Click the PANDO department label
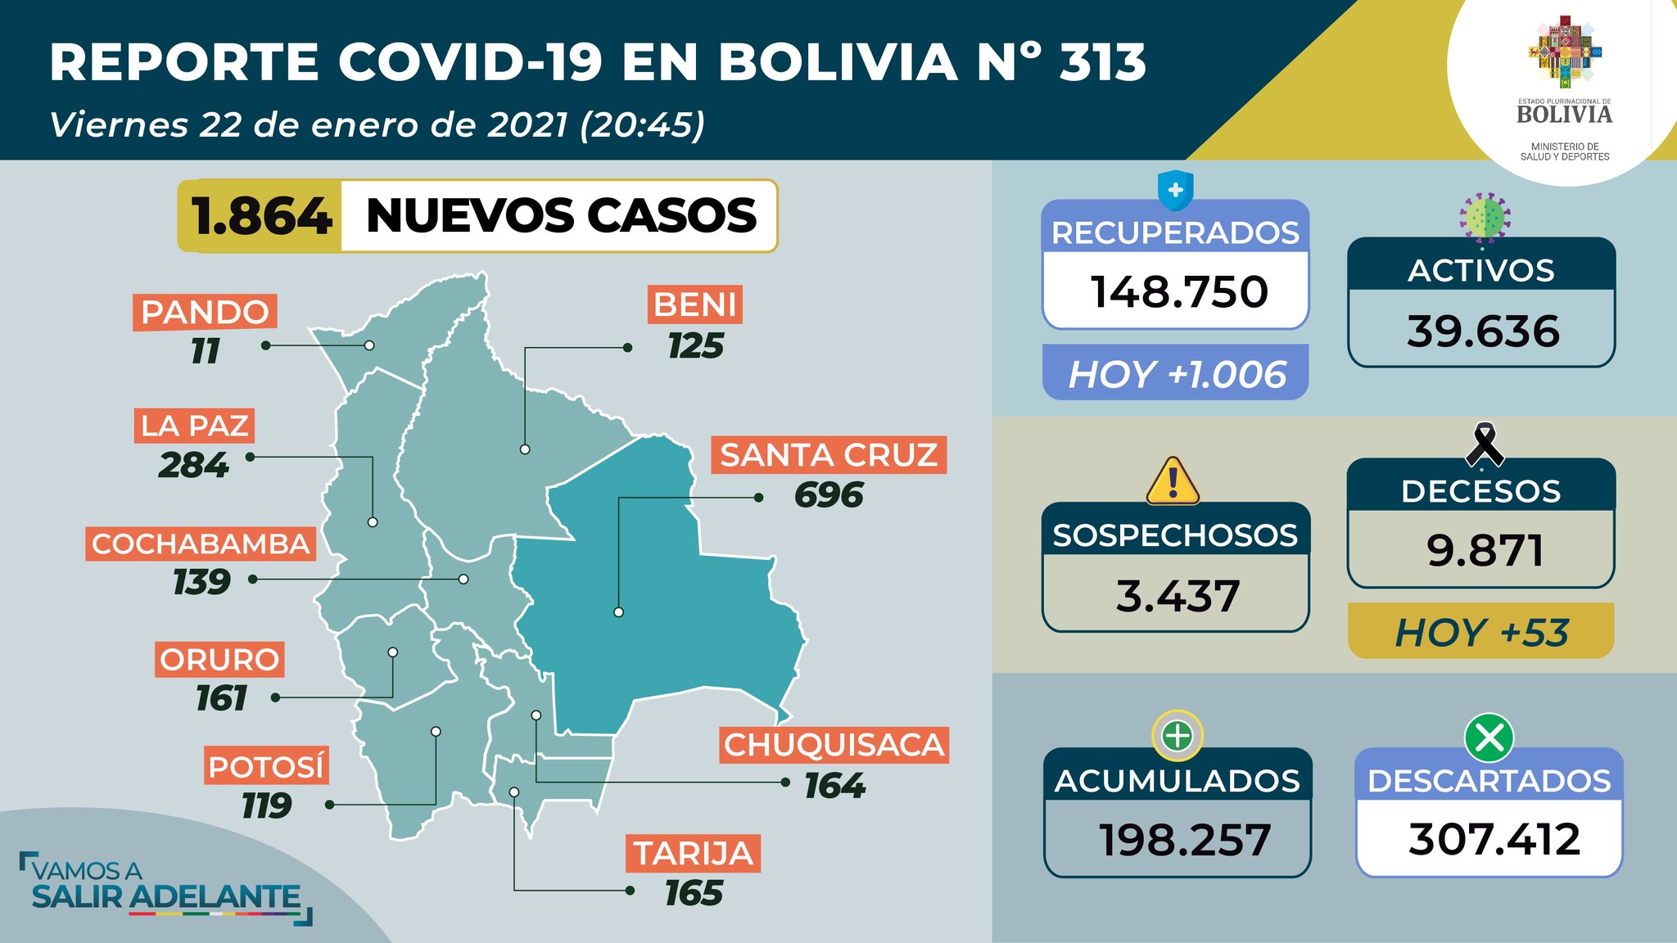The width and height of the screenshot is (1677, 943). coord(205,312)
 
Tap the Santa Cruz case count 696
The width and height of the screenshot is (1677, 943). coord(829,495)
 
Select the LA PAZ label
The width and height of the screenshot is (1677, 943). coord(194,426)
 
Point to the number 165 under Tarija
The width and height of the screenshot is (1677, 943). coord(694,893)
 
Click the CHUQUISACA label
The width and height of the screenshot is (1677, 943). coord(834,745)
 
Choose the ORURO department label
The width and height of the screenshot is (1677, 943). coord(219,659)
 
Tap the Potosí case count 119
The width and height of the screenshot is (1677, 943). coord(266,806)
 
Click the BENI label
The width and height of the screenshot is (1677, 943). coord(695,305)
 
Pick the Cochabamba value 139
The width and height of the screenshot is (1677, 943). coord(201,582)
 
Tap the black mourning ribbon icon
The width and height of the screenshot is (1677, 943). coord(1483,444)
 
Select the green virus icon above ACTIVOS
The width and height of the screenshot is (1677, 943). coord(1485,218)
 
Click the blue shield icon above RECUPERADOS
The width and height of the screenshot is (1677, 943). coord(1175,192)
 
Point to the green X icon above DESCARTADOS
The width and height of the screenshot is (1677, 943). coord(1489,738)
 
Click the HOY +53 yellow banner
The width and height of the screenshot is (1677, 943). coord(1480,632)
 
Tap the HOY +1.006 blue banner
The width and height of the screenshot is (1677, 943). coord(1176,374)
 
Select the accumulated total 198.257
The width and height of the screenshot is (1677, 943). coord(1184,840)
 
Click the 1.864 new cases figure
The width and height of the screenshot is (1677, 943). coord(261,216)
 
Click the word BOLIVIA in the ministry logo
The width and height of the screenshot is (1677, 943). coord(1564,115)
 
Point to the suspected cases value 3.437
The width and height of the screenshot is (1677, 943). coord(1177,596)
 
